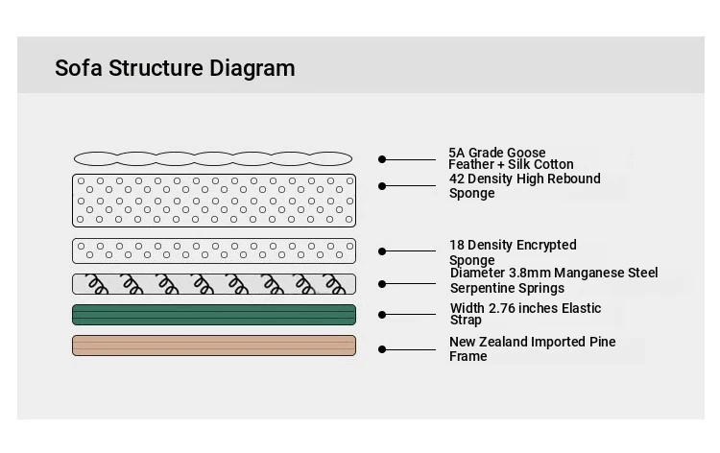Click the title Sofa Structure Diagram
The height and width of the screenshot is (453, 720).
pyautogui.click(x=175, y=68)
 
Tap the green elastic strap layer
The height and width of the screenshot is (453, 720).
pyautogui.click(x=214, y=315)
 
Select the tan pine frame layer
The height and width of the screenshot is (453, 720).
pyautogui.click(x=214, y=346)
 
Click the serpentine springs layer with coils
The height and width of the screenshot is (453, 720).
pyautogui.click(x=214, y=284)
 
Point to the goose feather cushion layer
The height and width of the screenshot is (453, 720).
pyautogui.click(x=213, y=158)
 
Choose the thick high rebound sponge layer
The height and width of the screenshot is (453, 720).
pyautogui.click(x=214, y=201)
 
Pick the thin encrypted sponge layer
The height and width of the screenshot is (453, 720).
pyautogui.click(x=214, y=251)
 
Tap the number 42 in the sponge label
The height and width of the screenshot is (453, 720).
pyautogui.click(x=456, y=179)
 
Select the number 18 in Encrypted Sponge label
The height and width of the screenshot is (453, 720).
pyautogui.click(x=456, y=245)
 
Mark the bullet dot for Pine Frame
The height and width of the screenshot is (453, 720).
pyautogui.click(x=382, y=349)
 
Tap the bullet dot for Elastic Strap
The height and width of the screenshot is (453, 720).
pyautogui.click(x=382, y=315)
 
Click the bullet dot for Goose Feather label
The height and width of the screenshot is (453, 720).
pyautogui.click(x=382, y=159)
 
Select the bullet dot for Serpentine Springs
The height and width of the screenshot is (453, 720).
pyautogui.click(x=382, y=284)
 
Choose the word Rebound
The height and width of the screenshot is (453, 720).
pyautogui.click(x=577, y=179)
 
